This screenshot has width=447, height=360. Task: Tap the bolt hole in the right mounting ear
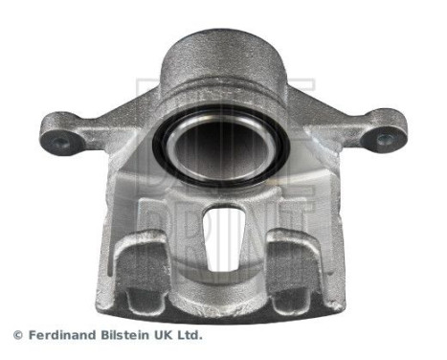(385, 140)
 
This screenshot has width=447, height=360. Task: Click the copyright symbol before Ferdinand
(17, 336)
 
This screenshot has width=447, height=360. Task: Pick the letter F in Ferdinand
(30, 336)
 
